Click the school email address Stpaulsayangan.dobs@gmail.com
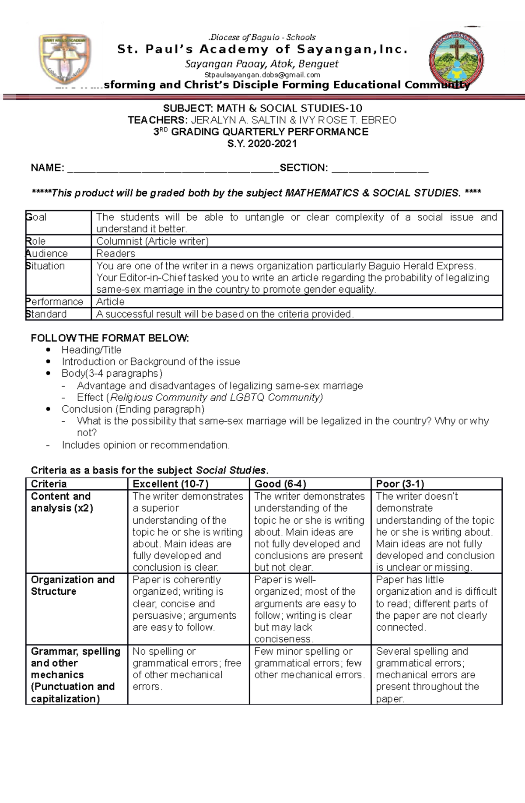(x=262, y=75)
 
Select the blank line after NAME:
(x=173, y=168)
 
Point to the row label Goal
(x=37, y=217)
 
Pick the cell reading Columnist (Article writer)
(x=152, y=241)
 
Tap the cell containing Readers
(x=115, y=253)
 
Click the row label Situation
(x=45, y=266)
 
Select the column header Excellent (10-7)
(x=171, y=484)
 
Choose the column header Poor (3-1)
(x=400, y=484)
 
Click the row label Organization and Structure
(x=73, y=586)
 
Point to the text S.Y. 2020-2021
(x=262, y=144)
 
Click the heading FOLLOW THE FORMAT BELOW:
(x=110, y=338)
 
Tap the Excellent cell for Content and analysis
(x=188, y=532)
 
